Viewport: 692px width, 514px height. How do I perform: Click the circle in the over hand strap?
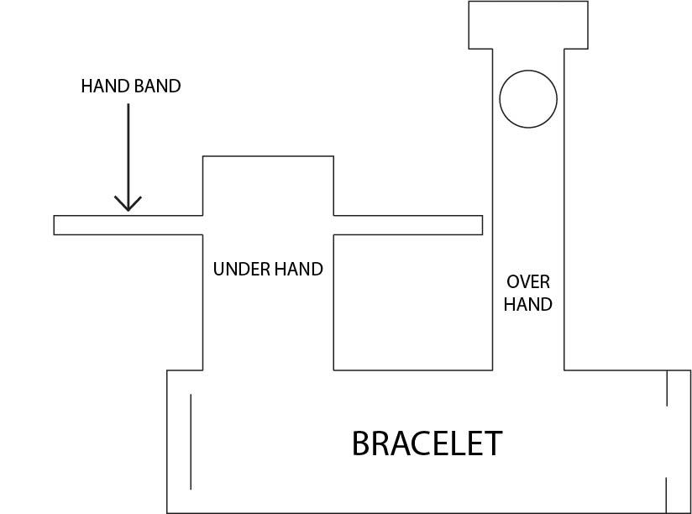pyautogui.click(x=528, y=99)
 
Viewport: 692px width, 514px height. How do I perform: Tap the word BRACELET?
pyautogui.click(x=427, y=443)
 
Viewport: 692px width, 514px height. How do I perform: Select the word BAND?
pyautogui.click(x=157, y=86)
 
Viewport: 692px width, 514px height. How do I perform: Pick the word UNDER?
pyautogui.click(x=240, y=270)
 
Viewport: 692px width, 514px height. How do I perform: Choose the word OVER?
pyautogui.click(x=528, y=282)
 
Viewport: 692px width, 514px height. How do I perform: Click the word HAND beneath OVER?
pyautogui.click(x=528, y=304)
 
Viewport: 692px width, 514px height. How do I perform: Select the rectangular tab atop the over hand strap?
pyautogui.click(x=528, y=25)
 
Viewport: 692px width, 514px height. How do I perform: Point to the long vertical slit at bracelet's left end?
pyautogui.click(x=191, y=441)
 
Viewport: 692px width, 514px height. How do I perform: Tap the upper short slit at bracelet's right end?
pyautogui.click(x=667, y=388)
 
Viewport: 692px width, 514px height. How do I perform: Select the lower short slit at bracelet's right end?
pyautogui.click(x=667, y=495)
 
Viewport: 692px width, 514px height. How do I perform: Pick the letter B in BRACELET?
pyautogui.click(x=362, y=443)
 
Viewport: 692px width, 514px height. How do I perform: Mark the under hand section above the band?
pyautogui.click(x=268, y=186)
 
